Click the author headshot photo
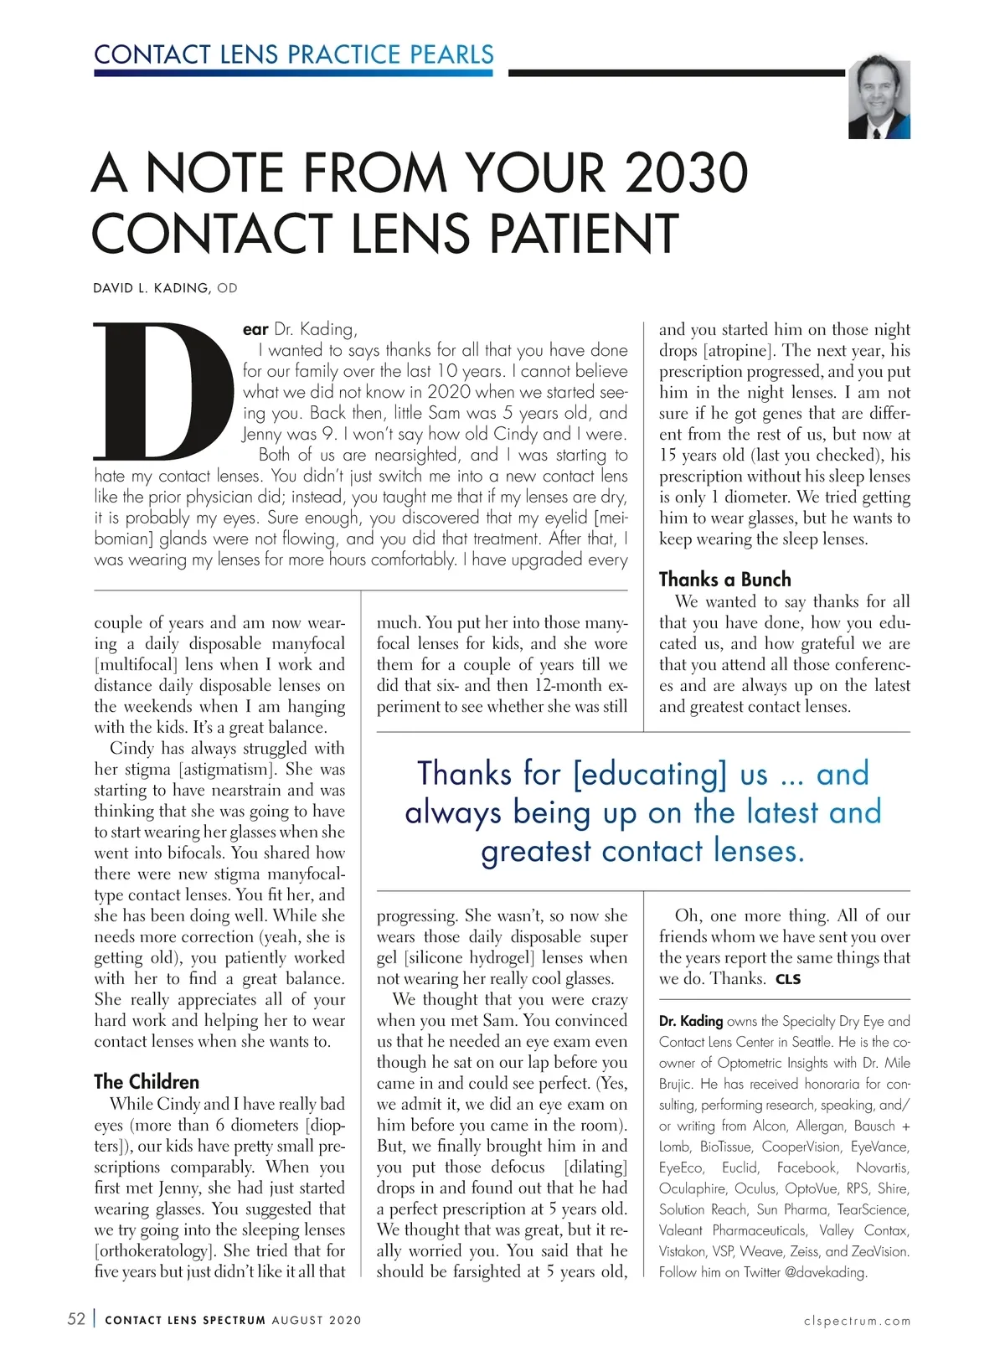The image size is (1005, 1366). (x=879, y=100)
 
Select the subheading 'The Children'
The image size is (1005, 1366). (x=147, y=1081)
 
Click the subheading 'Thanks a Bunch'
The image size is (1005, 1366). (x=724, y=580)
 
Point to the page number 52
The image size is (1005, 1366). (x=76, y=1319)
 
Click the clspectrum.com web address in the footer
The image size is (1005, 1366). (x=857, y=1321)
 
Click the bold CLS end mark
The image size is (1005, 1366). (x=788, y=979)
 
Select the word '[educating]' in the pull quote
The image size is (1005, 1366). (x=651, y=774)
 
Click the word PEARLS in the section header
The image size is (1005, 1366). (x=452, y=54)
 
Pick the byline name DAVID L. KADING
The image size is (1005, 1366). (x=152, y=288)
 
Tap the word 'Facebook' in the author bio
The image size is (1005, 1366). (x=807, y=1168)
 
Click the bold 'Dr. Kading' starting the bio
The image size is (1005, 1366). (x=691, y=1021)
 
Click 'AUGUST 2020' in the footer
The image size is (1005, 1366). (x=317, y=1320)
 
